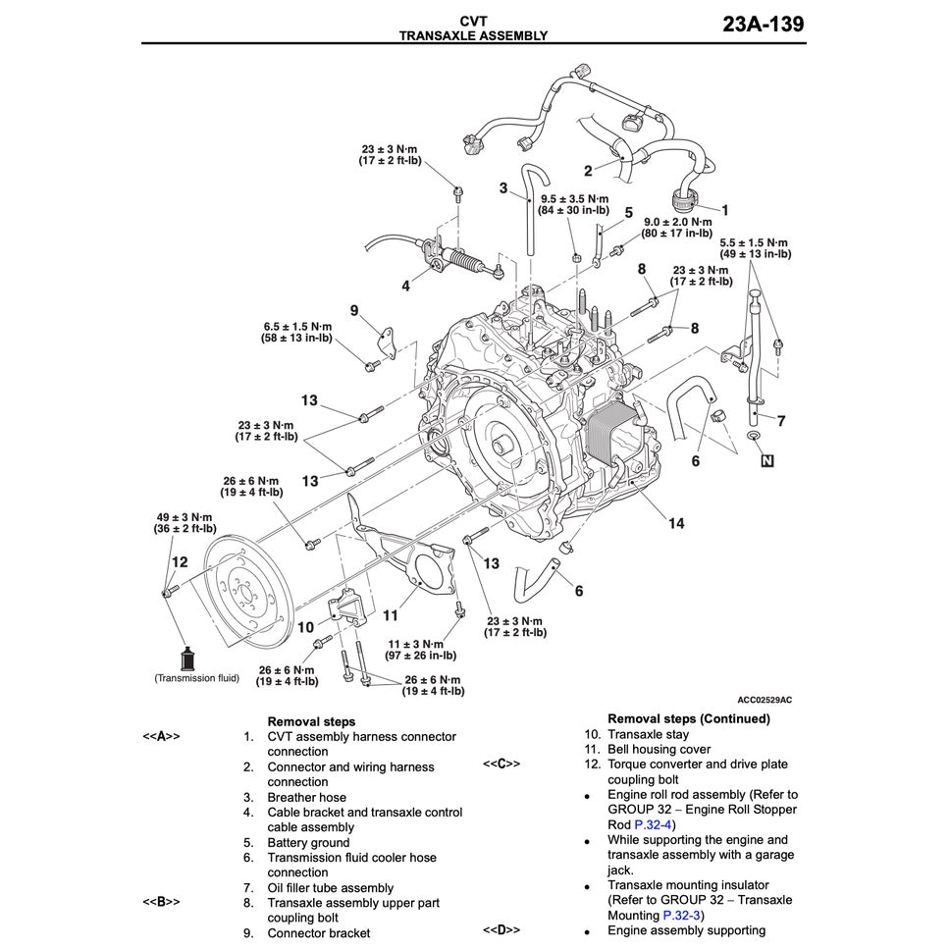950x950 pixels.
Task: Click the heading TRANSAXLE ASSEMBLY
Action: tap(473, 35)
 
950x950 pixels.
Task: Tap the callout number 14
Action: tap(676, 523)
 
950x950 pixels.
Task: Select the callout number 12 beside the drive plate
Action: tap(179, 562)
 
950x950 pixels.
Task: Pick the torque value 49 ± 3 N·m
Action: tap(185, 517)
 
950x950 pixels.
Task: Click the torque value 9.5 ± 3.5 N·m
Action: tap(574, 198)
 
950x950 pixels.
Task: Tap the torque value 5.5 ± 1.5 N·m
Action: tap(755, 242)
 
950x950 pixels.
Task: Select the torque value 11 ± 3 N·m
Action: tap(430, 643)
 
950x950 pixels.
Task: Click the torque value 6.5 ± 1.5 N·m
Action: tap(297, 326)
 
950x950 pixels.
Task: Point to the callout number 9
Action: tap(354, 310)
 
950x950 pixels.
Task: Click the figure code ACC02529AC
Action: tap(765, 699)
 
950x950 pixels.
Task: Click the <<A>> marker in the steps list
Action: tap(161, 736)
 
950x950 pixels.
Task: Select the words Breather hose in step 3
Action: tap(306, 797)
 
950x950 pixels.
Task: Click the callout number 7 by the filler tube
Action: tap(781, 422)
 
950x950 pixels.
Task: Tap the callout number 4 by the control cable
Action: tap(405, 287)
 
